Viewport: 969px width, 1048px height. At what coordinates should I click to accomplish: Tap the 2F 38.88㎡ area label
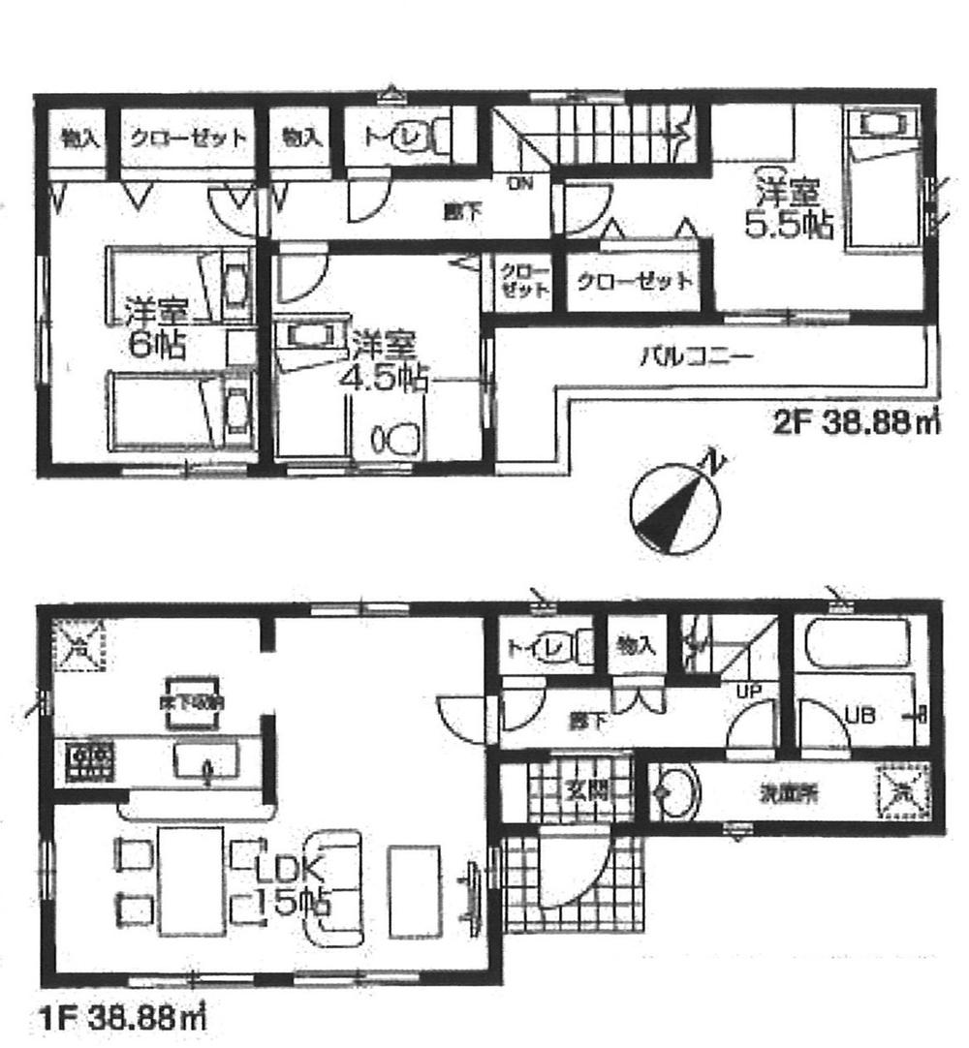(x=852, y=423)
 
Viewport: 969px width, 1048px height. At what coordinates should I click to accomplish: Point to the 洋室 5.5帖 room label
(x=786, y=208)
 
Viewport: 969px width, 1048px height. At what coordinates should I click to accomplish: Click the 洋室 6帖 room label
(x=155, y=328)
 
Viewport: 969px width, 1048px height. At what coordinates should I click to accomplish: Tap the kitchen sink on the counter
(x=205, y=756)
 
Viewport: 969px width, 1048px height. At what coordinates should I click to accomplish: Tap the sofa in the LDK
(x=332, y=886)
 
